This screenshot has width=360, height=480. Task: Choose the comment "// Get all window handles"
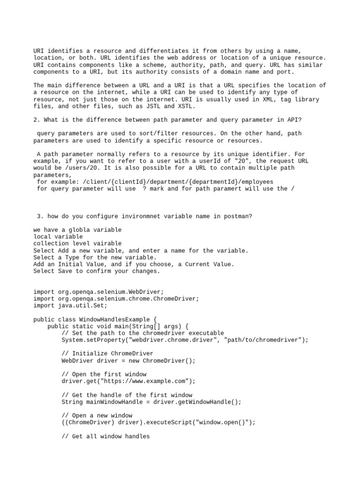[x=105, y=436]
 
